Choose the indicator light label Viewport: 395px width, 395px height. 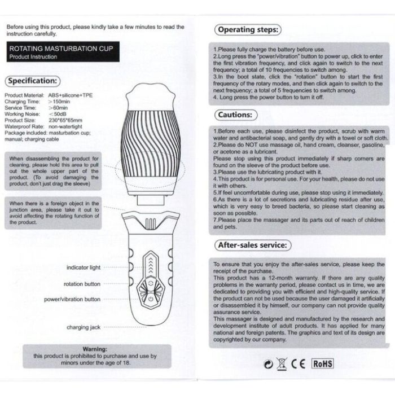84,267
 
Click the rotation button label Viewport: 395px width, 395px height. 82,284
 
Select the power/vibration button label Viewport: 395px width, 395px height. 72,299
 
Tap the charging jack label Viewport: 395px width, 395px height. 84,327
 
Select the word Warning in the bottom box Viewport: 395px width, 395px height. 94,349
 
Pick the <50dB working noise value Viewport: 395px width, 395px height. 58,113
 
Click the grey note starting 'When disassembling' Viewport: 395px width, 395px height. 55,170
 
